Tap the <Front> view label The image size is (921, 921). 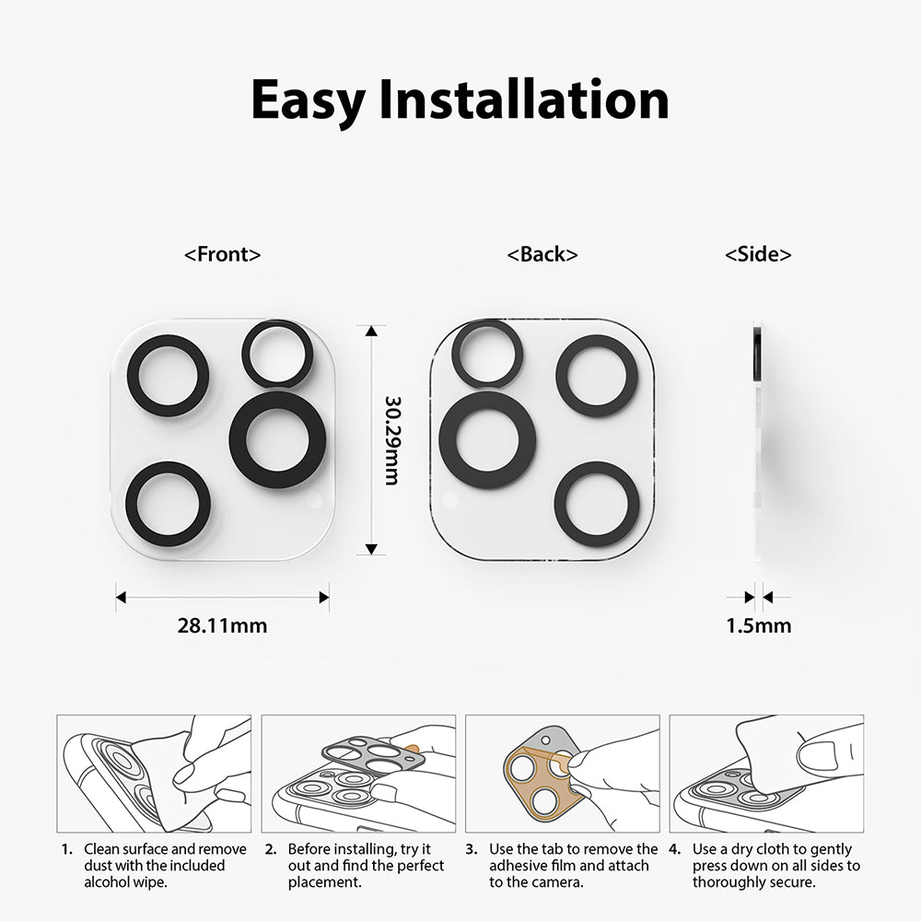[x=223, y=255]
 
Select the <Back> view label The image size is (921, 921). [x=542, y=255]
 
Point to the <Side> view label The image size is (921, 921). [x=758, y=255]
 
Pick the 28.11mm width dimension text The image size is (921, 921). [x=222, y=626]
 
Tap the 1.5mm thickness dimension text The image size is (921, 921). [x=758, y=626]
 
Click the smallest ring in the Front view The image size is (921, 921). [x=274, y=354]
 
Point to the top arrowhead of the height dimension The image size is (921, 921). [x=371, y=330]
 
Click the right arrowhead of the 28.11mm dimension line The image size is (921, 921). [x=324, y=597]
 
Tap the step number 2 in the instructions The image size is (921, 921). [x=271, y=849]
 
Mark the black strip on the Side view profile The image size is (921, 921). [x=756, y=346]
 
